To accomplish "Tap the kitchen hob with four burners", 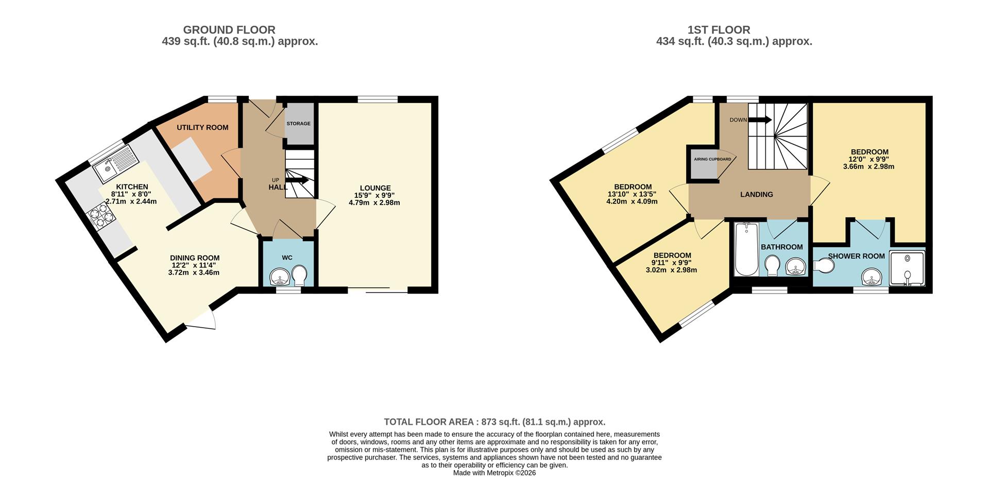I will [x=101, y=216].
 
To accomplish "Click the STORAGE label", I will [x=299, y=124].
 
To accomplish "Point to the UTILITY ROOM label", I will [x=202, y=127].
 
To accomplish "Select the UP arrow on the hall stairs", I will [x=297, y=180].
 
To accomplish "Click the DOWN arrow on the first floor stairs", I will [x=759, y=120].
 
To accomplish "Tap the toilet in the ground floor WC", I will [x=299, y=275].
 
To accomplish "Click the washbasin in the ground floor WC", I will [x=280, y=277].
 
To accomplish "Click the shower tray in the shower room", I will [x=908, y=268].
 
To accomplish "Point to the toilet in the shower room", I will [x=825, y=266].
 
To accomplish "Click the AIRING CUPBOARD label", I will [x=712, y=159].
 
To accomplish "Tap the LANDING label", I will [x=756, y=194].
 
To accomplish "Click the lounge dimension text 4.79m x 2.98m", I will [x=374, y=203].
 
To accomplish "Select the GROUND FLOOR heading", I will [x=229, y=30].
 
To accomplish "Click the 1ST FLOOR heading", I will [x=719, y=30].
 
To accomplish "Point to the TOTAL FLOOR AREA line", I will [x=494, y=422].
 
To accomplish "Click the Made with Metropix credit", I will [x=494, y=473].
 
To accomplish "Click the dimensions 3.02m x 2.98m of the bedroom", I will [x=671, y=270].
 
